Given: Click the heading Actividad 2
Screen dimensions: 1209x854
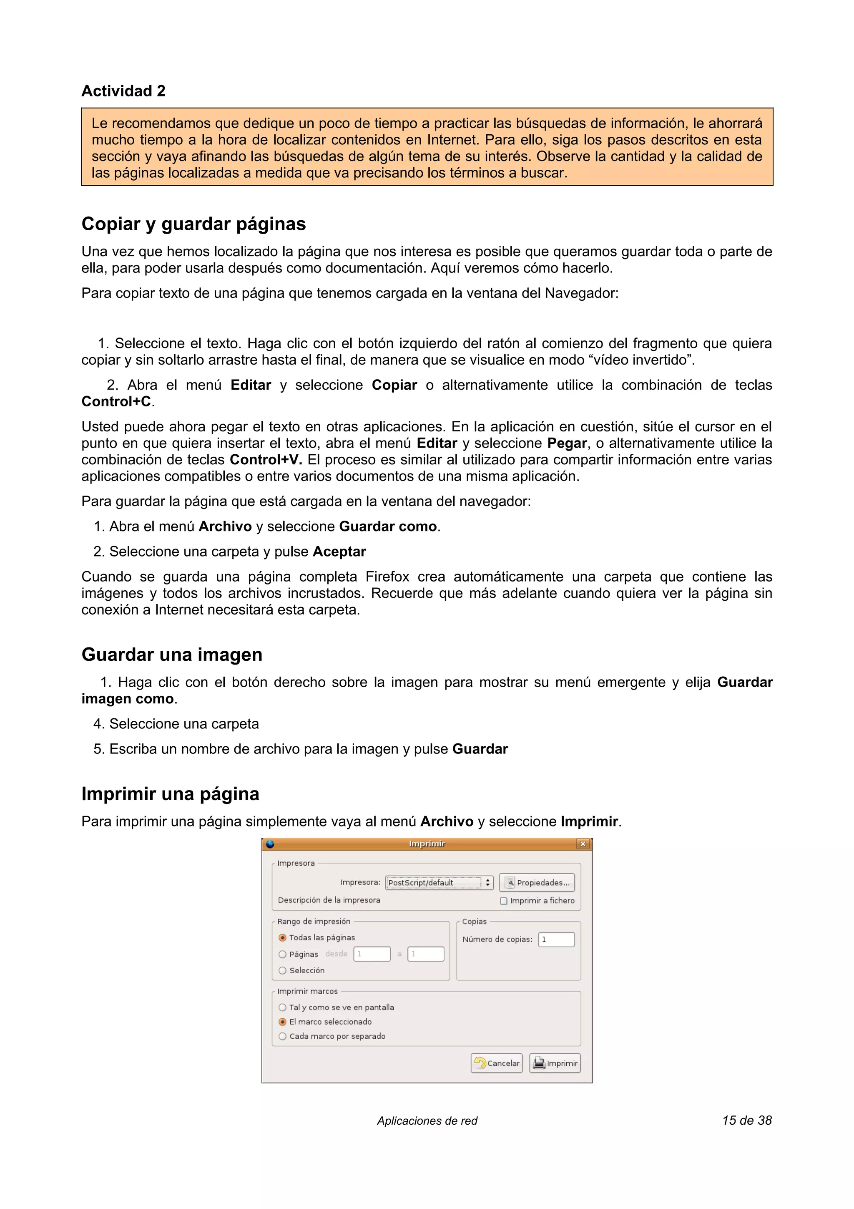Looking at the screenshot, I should point(123,91).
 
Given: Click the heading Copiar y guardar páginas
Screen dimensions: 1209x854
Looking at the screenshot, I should point(193,224).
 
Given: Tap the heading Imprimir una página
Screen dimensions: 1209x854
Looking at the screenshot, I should point(170,793).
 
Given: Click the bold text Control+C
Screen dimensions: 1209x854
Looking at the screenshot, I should point(116,402).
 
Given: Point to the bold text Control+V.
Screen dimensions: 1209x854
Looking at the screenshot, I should point(265,460).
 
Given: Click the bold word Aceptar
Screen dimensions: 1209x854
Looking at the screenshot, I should point(339,552).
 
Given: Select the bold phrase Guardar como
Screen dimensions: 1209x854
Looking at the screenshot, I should point(388,526).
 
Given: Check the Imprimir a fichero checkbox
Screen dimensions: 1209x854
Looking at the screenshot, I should point(504,901).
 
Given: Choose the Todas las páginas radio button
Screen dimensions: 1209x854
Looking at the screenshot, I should point(283,938).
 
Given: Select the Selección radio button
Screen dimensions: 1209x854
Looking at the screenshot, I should point(283,970).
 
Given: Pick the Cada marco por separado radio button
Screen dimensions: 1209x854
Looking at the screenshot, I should point(283,1036).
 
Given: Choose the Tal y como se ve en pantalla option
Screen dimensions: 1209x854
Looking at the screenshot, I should point(283,1007).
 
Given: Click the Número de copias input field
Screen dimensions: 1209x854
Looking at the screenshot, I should point(556,939).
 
